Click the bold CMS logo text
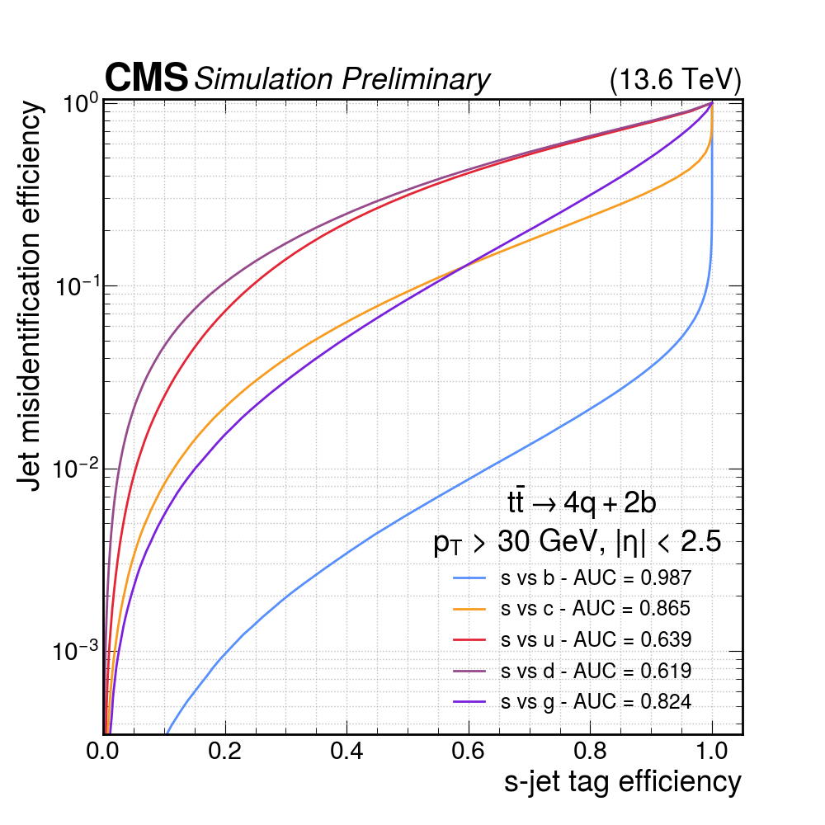tap(146, 78)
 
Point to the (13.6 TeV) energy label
tap(676, 80)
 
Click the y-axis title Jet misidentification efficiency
tap(31, 295)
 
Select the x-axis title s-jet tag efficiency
tap(622, 781)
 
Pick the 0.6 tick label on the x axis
tap(469, 752)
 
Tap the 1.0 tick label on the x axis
tap(712, 752)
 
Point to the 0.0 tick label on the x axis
tap(104, 752)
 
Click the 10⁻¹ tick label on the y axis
tap(76, 286)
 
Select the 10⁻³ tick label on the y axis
tap(76, 652)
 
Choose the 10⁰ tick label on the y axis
tap(81, 104)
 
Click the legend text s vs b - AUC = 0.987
tap(595, 578)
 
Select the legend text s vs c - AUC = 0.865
tap(595, 609)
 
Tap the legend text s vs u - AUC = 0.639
tap(595, 639)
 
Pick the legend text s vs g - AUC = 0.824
tap(595, 702)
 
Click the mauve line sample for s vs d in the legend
tap(472, 671)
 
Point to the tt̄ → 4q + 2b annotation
tap(581, 502)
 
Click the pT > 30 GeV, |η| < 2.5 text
tap(577, 543)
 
